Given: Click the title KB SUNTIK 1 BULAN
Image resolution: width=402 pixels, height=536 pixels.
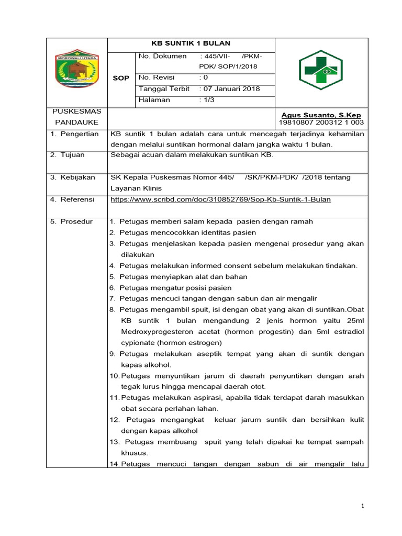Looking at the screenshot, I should (x=191, y=43).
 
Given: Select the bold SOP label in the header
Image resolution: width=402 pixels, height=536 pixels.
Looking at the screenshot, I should (x=121, y=78).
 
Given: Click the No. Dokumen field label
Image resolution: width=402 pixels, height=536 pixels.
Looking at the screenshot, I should (x=163, y=56).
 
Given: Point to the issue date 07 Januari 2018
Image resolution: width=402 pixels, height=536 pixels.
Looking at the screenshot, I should (x=230, y=89).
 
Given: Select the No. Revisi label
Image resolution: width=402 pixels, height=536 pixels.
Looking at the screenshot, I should (x=157, y=77).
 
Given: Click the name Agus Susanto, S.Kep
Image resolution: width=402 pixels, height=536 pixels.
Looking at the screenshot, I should (x=321, y=115).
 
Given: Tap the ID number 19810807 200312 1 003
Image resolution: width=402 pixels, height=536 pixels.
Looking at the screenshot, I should (x=321, y=123).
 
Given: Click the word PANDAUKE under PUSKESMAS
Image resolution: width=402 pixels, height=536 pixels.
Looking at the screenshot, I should (x=76, y=122).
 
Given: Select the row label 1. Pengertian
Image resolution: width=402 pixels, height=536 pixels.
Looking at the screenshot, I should (x=74, y=134).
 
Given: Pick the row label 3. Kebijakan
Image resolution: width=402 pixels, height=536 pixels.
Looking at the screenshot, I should (x=73, y=177).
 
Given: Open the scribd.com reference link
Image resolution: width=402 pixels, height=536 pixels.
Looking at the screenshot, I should (x=220, y=199).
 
